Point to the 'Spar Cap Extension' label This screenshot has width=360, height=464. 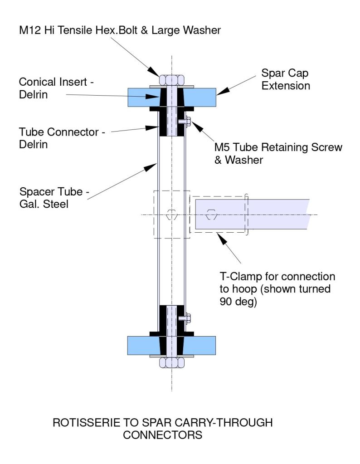click(286, 79)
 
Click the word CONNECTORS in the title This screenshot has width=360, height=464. click(163, 435)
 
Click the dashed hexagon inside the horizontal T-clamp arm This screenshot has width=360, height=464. click(211, 215)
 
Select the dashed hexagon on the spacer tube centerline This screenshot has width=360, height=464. click(171, 215)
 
